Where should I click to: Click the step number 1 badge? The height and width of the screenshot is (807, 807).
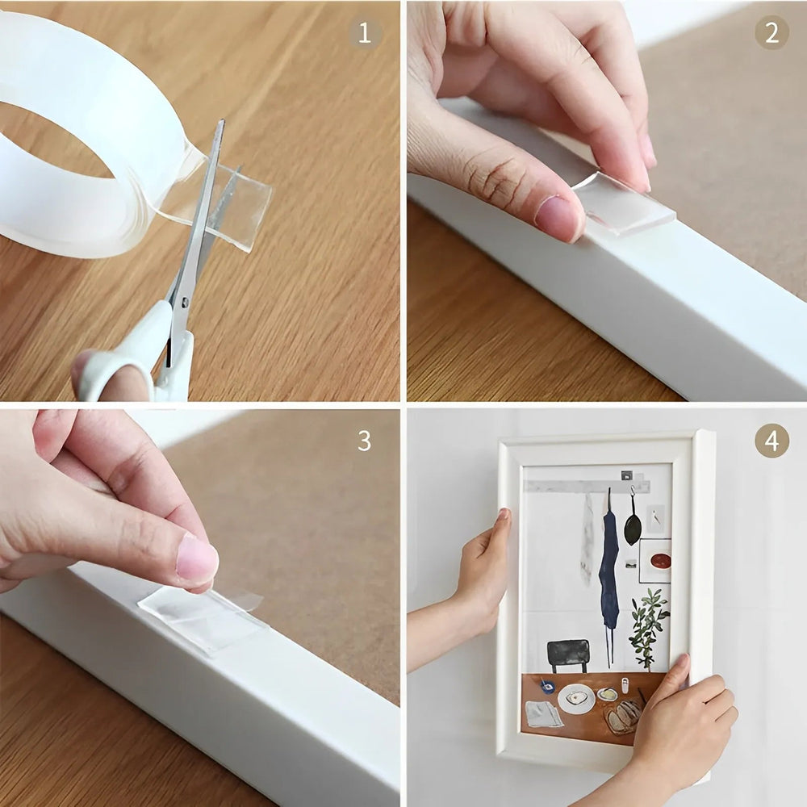click(x=365, y=33)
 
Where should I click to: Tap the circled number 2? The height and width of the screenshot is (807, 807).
click(x=771, y=33)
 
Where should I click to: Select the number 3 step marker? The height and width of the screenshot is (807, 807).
click(x=365, y=441)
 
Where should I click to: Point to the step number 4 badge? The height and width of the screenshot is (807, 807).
click(x=771, y=441)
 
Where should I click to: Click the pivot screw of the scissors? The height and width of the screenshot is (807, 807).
click(x=184, y=301)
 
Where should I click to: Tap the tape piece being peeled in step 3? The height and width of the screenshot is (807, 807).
click(x=202, y=617)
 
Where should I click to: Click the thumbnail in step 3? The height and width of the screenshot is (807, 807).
click(x=196, y=560)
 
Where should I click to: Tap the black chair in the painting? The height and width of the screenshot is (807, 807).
click(x=568, y=654)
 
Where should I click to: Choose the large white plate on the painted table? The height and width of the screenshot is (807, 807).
click(x=576, y=698)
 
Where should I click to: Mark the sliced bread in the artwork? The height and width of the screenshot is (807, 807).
click(x=623, y=716)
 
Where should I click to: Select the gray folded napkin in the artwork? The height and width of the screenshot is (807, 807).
click(x=543, y=714)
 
